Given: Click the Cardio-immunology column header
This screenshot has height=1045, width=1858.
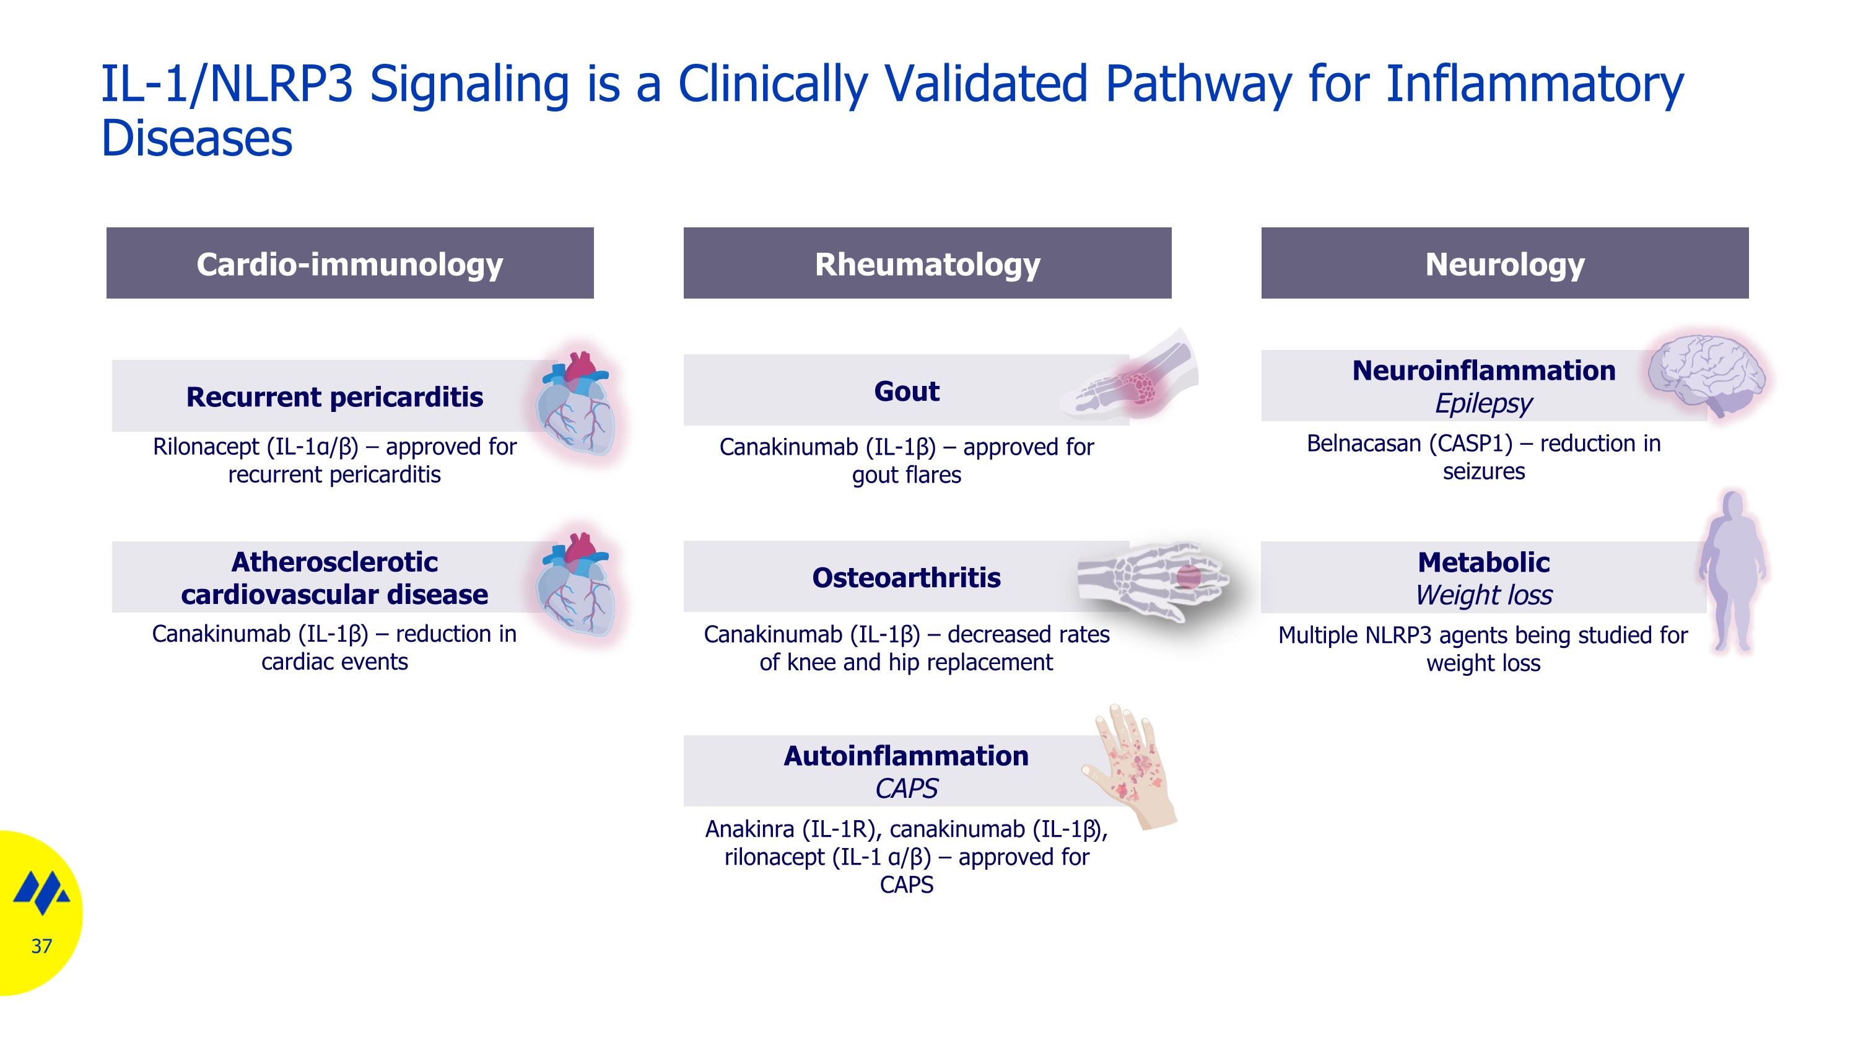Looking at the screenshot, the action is click(x=350, y=263).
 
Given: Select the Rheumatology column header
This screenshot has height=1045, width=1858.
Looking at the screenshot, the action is click(x=928, y=263).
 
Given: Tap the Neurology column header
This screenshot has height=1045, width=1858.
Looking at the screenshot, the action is click(x=1504, y=263).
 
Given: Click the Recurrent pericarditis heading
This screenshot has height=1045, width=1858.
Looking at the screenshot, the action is click(x=334, y=396).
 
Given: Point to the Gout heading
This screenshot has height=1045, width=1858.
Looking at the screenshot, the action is click(x=907, y=391).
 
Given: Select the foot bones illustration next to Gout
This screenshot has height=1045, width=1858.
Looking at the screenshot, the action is click(x=1130, y=374).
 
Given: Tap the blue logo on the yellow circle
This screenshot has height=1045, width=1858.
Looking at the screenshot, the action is click(x=42, y=892).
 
